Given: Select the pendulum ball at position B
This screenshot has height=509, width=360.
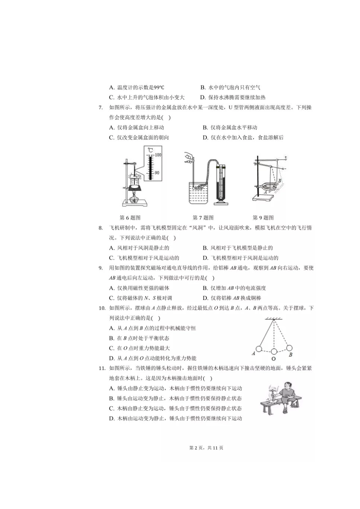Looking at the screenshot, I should pyautogui.click(x=289, y=348).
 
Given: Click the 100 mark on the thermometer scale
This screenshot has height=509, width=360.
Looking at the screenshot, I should pyautogui.click(x=158, y=155).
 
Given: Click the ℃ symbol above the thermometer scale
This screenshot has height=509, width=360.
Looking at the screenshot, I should pyautogui.click(x=150, y=150).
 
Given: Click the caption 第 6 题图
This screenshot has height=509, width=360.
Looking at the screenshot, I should pyautogui.click(x=130, y=218).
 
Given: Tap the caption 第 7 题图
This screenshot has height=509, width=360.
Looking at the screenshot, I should pyautogui.click(x=203, y=218).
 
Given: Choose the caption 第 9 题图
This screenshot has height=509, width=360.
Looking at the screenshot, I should pyautogui.click(x=263, y=218).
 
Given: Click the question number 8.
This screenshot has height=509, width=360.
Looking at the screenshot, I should pyautogui.click(x=100, y=228).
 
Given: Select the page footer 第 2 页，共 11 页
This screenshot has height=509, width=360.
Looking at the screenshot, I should pyautogui.click(x=206, y=448).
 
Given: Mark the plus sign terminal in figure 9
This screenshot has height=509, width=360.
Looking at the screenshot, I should pyautogui.click(x=285, y=157).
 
